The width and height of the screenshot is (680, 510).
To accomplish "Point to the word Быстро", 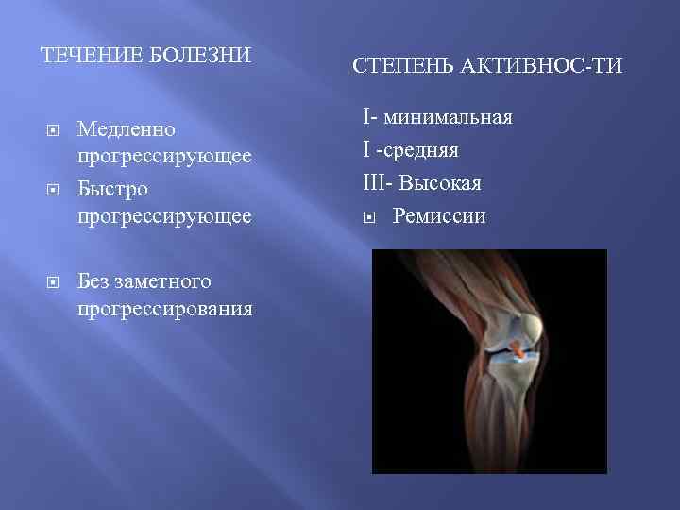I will click(113, 189).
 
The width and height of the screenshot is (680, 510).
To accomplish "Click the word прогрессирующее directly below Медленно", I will click(164, 156).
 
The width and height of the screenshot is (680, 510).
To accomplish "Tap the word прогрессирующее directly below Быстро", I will click(164, 216).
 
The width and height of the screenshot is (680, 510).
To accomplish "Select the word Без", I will click(95, 280).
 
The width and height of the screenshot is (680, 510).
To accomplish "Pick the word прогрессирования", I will click(165, 309).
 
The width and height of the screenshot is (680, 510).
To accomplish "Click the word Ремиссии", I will click(439, 216).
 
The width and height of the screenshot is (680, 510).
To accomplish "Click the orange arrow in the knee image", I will click(516, 348).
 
